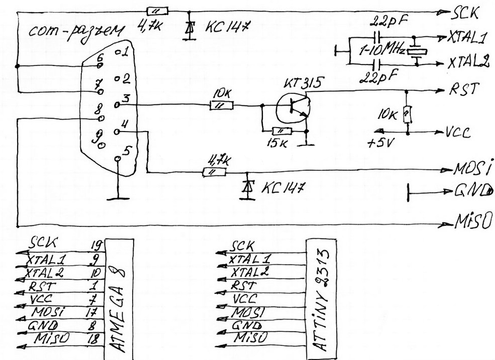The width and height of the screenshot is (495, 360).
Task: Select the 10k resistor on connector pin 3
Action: click(x=222, y=105)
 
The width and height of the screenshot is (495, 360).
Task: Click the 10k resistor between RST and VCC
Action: click(x=407, y=115)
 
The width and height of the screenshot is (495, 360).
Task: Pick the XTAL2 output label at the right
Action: click(x=469, y=63)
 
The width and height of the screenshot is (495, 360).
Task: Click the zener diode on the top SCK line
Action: click(x=190, y=29)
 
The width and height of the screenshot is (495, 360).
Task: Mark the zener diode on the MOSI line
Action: click(x=247, y=186)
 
